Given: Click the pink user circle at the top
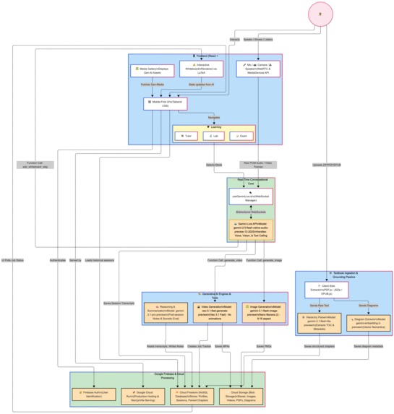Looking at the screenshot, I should (316, 14).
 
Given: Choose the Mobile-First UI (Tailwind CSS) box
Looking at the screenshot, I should (166, 104).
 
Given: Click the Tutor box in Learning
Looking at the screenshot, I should (187, 135).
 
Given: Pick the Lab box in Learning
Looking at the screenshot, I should (215, 135).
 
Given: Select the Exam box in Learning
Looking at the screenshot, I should (242, 135).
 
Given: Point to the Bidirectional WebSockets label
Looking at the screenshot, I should (251, 213).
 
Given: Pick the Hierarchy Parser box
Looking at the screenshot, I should (319, 322).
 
